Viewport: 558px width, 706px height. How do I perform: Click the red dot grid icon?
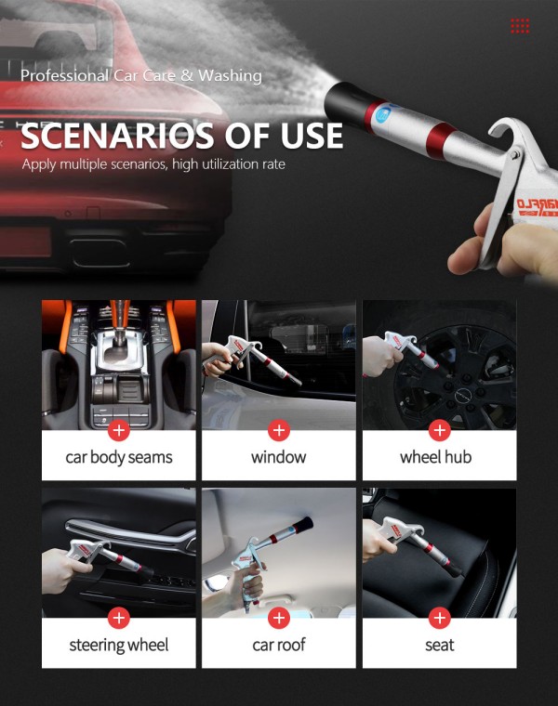coord(520,25)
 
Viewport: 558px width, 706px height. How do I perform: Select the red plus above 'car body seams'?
coord(118,430)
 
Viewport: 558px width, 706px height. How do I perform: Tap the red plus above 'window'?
coord(279,430)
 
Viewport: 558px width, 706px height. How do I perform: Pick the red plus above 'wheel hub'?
coord(440,430)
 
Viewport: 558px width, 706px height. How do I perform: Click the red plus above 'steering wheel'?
coord(118,618)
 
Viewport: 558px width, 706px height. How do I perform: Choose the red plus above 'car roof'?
coord(279,618)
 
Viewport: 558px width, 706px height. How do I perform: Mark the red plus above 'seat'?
coord(440,618)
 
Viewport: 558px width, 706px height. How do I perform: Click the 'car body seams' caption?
coord(118,457)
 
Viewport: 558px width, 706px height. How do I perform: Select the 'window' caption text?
coord(279,457)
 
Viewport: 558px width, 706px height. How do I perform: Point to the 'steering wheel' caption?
coord(118,645)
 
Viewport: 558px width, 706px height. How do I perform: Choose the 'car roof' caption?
coord(279,645)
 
